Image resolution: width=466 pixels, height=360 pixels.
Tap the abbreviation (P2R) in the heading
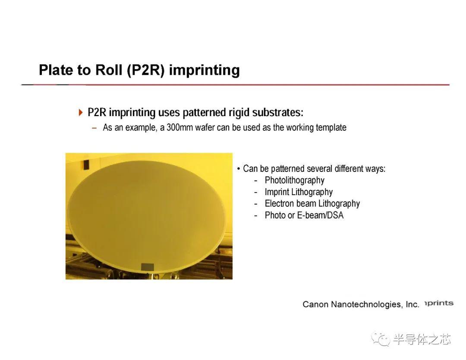pyautogui.click(x=146, y=70)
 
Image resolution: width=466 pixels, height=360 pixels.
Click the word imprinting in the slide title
pyautogui.click(x=204, y=71)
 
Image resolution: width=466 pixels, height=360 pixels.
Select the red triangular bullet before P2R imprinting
pyautogui.click(x=81, y=112)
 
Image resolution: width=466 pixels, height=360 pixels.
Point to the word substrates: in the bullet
pyautogui.click(x=277, y=112)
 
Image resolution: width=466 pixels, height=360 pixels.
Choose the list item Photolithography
pyautogui.click(x=295, y=180)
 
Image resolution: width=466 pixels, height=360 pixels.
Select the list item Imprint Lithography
pyautogui.click(x=299, y=192)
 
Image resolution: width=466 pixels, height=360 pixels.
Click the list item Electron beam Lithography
pyautogui.click(x=312, y=204)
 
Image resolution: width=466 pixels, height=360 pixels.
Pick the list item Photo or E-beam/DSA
pyautogui.click(x=304, y=215)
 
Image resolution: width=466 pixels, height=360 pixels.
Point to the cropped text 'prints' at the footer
pyautogui.click(x=439, y=303)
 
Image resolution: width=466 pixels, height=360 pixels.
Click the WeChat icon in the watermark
pyautogui.click(x=381, y=339)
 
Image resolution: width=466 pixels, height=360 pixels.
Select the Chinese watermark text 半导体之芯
pyautogui.click(x=422, y=339)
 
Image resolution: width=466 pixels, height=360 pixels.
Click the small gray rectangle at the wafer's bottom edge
pyautogui.click(x=147, y=267)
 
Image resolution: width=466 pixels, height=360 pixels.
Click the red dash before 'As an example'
pyautogui.click(x=94, y=128)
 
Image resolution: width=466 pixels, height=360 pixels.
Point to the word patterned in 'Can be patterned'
pyautogui.click(x=288, y=168)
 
